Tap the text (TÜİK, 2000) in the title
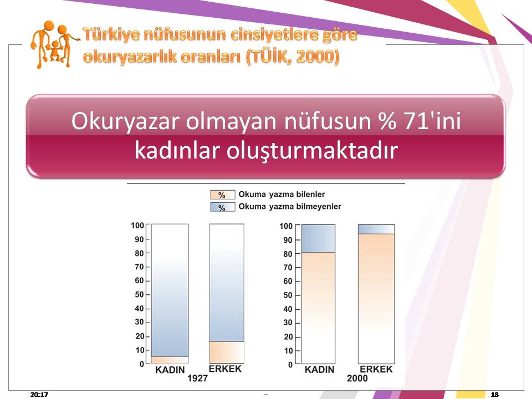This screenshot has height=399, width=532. pos(293,57)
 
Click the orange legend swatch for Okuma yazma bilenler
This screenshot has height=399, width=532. pos(223,195)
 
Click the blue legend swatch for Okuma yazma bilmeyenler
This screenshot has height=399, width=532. pos(223,207)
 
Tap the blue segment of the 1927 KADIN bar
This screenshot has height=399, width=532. pos(170,290)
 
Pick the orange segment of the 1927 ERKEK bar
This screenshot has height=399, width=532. pos(226,352)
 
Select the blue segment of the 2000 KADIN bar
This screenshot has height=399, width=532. pos(318,238)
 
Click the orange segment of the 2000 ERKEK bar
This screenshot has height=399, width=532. pos(376,299)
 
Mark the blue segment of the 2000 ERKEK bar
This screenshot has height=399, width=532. pos(376,229)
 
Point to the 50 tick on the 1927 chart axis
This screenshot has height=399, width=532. pos(140,294)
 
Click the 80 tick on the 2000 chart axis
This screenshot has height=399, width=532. pos(288,254)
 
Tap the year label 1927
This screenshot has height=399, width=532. pos(197,378)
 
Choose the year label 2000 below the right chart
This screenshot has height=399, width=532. pos(357,378)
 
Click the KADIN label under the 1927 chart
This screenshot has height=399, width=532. pos(170,370)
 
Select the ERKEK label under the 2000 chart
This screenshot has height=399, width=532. pos(376,369)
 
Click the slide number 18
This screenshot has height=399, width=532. pos(495,394)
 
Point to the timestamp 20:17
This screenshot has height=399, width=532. pos(39,394)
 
